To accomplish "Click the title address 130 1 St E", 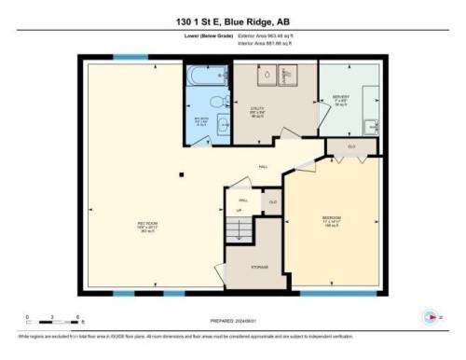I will pos(232,21).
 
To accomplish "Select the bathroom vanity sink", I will pos(223,127).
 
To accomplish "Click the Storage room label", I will pos(260,267).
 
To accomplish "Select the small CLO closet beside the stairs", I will pos(272,201).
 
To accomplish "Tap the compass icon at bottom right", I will pos(430,314).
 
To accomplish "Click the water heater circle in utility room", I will pos(264,76).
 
